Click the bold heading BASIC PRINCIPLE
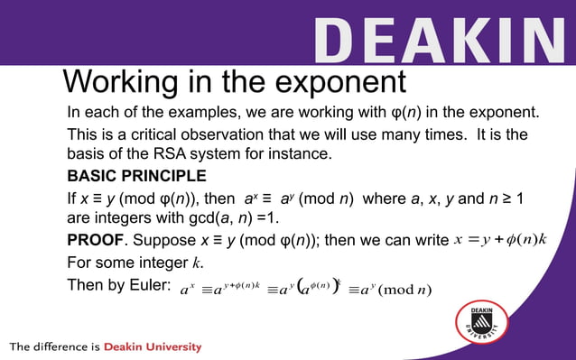[137, 175]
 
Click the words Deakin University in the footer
[153, 346]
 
